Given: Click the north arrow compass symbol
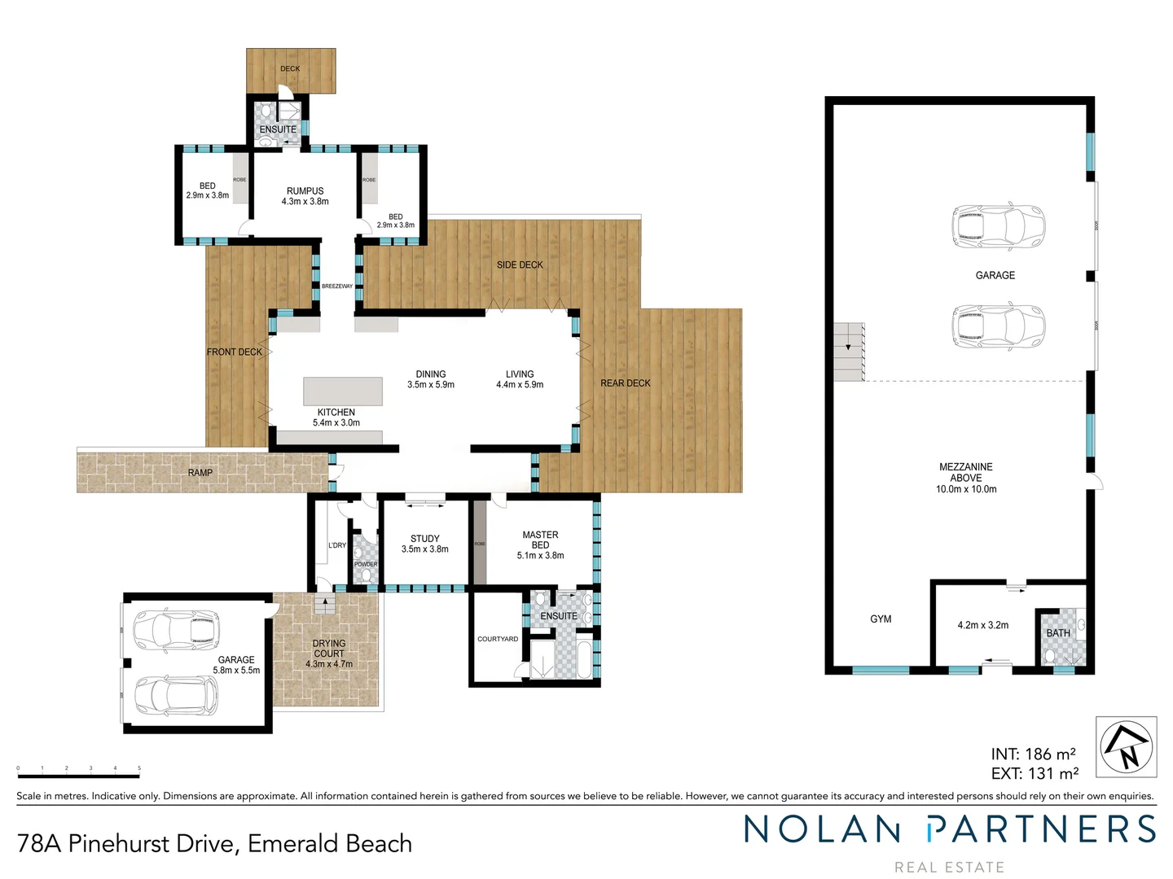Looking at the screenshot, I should pos(1126,747).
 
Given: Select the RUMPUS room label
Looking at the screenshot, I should pos(305,191).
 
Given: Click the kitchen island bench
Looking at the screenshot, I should pos(343,391).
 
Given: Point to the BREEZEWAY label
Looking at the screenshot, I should pos(337,286).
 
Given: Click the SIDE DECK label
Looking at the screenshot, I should pos(520,265).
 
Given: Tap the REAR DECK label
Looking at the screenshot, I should pos(626,383).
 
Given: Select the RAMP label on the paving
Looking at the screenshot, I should pos(200,473).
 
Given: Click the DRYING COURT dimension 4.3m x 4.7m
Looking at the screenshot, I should pos(329,664).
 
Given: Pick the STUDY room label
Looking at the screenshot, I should pos(425,539).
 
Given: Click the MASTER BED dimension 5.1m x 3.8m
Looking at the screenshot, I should pos(540,556).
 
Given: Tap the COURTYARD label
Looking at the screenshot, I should pos(498,639).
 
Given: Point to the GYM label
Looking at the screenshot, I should pos(881,619).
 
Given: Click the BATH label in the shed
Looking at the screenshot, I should pos(1058,633).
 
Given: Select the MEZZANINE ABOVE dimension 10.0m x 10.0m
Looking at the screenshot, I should pos(966,489).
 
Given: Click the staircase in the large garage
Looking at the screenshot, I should pos(849,352).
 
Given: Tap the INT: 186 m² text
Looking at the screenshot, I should pos(1033,754).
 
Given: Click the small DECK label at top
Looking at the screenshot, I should pos(290,69).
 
